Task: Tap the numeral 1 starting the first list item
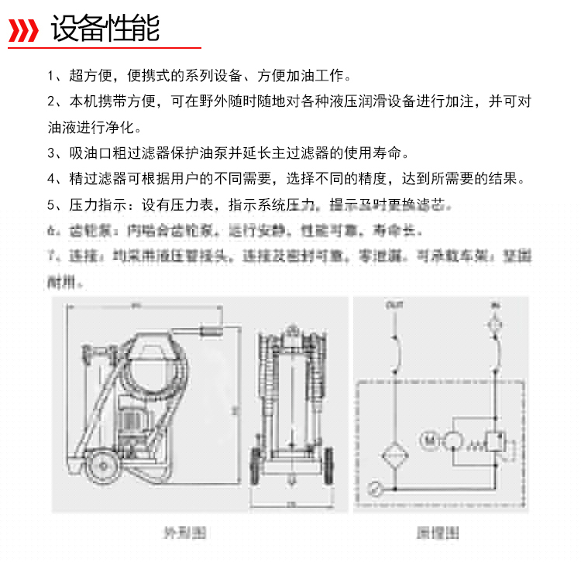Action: (x=50, y=77)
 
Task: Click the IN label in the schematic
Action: (x=493, y=307)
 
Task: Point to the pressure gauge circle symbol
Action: (x=375, y=488)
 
